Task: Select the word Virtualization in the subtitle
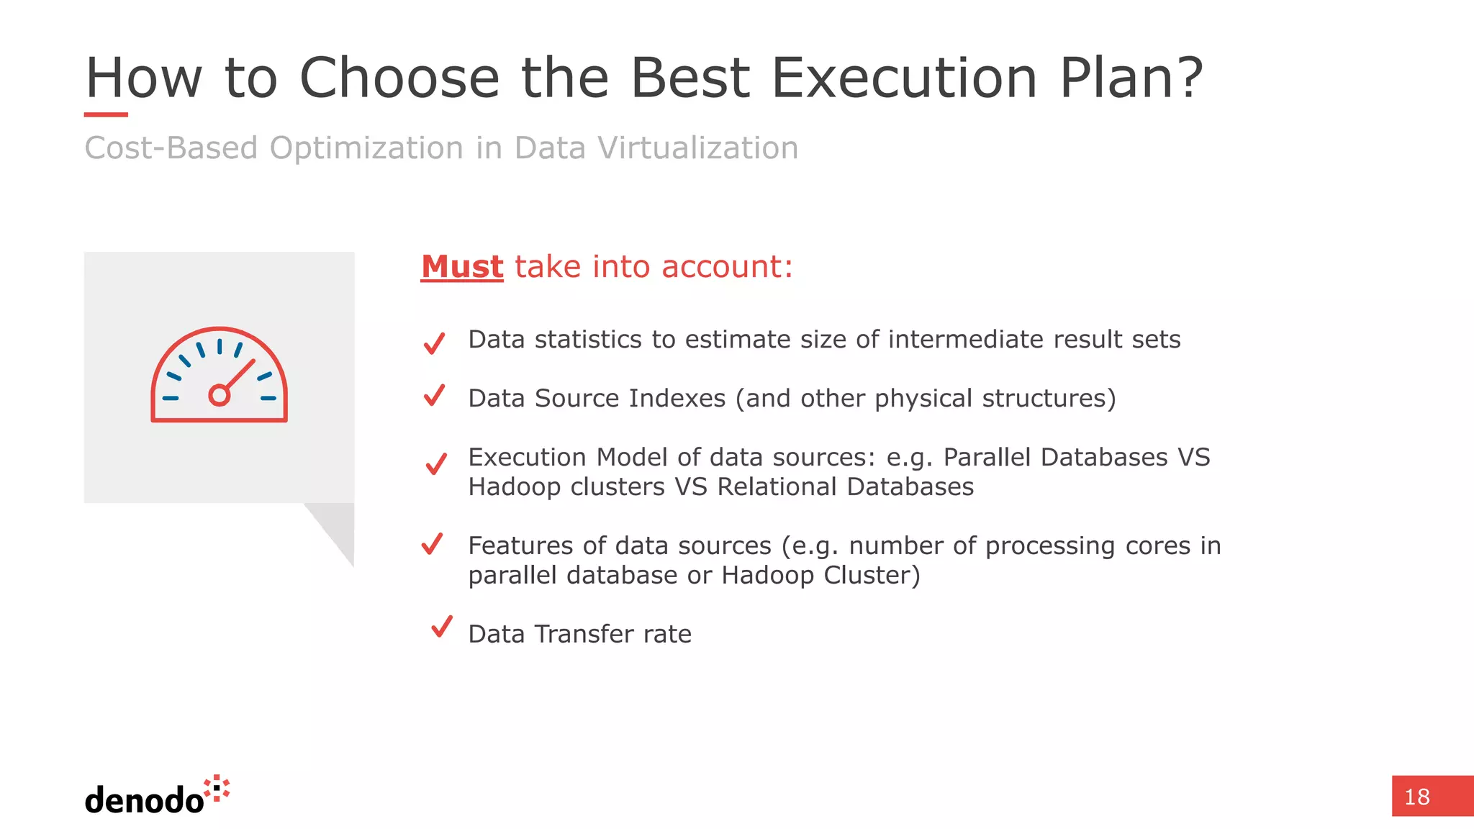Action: tap(697, 148)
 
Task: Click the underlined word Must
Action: tap(462, 267)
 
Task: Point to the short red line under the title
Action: tap(106, 114)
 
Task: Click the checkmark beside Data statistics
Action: tap(435, 343)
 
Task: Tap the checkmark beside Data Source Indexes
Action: tap(435, 395)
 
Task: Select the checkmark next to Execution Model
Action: tap(436, 463)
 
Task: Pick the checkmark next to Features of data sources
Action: tap(432, 544)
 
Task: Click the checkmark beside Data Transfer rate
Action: tap(442, 626)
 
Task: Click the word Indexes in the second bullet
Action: tap(677, 399)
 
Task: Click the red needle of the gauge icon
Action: tap(240, 375)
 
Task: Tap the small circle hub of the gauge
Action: tap(219, 395)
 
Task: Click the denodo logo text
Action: tap(144, 800)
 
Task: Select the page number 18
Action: tap(1416, 797)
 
